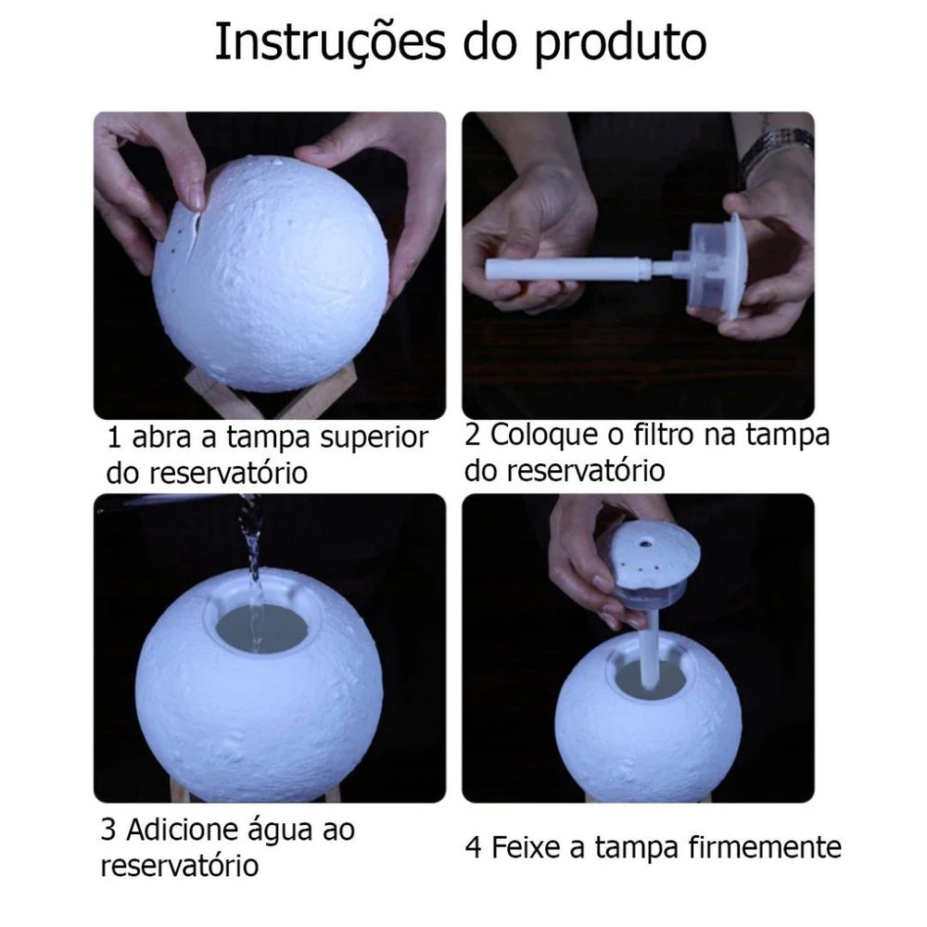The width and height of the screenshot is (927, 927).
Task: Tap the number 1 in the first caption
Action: (113, 438)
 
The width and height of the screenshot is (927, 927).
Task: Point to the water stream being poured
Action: (250, 547)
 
